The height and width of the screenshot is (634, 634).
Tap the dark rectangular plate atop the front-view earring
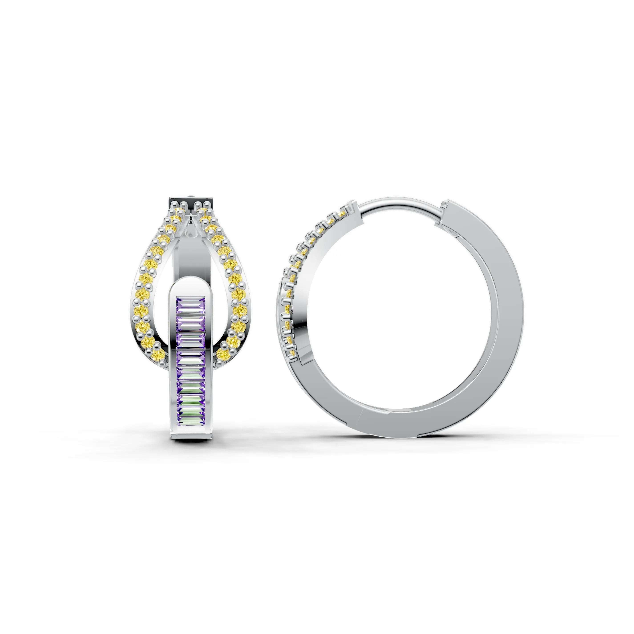pyautogui.click(x=191, y=201)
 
